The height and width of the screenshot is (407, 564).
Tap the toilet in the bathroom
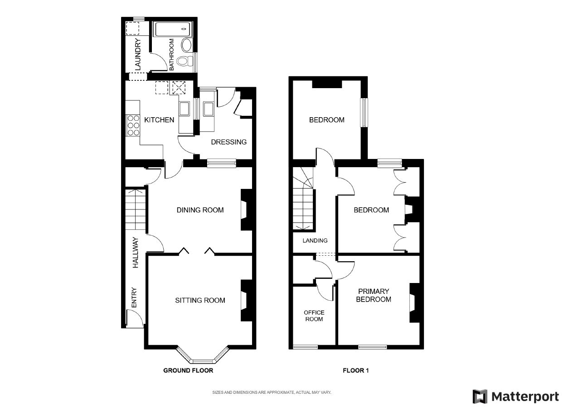[183, 61]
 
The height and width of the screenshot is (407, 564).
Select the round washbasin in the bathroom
[186, 45]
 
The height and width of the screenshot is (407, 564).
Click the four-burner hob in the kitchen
[133, 125]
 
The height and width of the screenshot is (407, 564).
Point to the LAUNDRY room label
[138, 55]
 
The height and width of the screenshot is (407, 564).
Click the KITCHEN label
[159, 120]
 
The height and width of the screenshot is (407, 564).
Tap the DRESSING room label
[229, 142]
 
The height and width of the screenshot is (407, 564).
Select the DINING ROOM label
[200, 210]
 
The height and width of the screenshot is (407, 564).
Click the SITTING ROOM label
[200, 300]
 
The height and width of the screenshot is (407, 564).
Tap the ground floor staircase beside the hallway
[135, 210]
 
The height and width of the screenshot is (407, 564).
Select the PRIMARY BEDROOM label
[374, 295]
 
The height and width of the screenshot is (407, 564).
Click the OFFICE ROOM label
[314, 316]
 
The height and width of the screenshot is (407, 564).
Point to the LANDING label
[315, 241]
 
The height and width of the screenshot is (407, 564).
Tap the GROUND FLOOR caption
[188, 371]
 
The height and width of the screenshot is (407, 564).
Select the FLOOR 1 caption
[356, 371]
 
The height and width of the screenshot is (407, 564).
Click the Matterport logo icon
[480, 396]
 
